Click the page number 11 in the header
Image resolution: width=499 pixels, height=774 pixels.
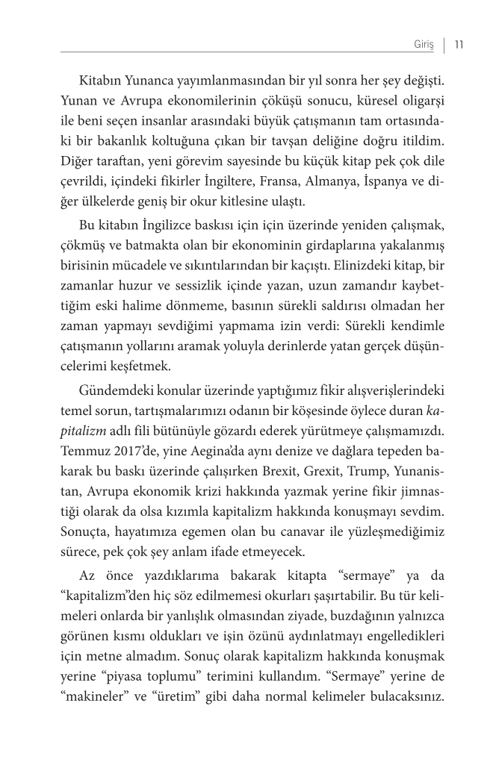459,44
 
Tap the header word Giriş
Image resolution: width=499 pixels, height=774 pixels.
424,44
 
